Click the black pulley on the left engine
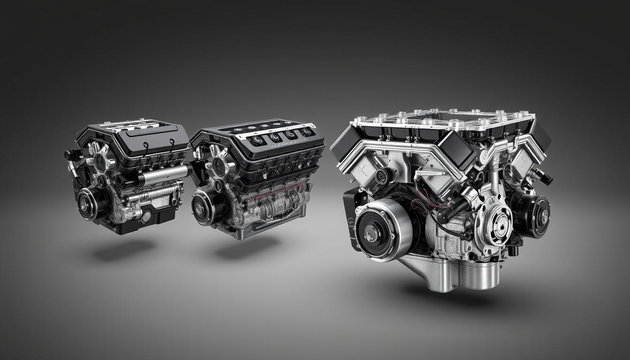coord(89,203)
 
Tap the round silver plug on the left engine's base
coord(146,216)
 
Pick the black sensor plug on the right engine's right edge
coord(545,177)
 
